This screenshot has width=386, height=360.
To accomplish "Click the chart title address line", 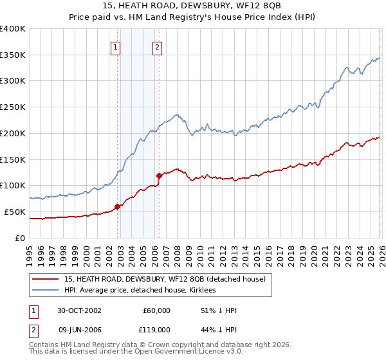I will pyautogui.click(x=192, y=6).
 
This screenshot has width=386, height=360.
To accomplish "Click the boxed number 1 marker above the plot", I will pyautogui.click(x=116, y=46).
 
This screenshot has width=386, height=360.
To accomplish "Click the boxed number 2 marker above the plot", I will pyautogui.click(x=157, y=46).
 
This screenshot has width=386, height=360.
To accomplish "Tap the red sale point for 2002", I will pyautogui.click(x=118, y=206).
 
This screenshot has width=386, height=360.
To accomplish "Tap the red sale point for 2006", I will pyautogui.click(x=159, y=175).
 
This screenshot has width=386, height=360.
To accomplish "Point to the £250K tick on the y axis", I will pyautogui.click(x=13, y=107).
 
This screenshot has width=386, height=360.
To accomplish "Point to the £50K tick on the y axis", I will pyautogui.click(x=15, y=212).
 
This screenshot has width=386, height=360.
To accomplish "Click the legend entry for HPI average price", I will pyautogui.click(x=140, y=290).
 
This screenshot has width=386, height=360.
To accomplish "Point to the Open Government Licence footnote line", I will pyautogui.click(x=125, y=353).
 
